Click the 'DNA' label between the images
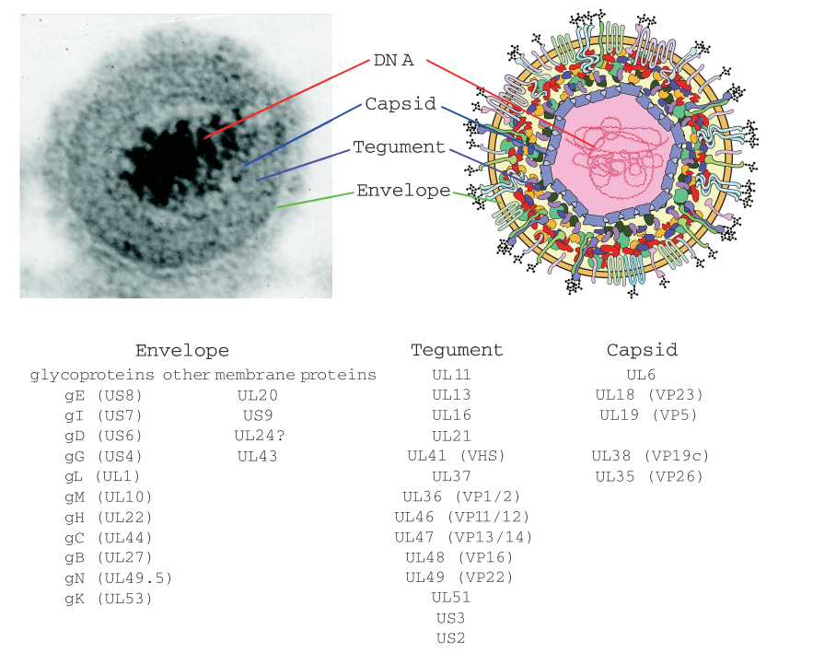(x=393, y=61)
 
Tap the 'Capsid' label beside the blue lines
(x=401, y=104)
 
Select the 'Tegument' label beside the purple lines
(x=399, y=147)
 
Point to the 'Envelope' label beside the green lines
(x=403, y=191)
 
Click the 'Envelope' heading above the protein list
(x=181, y=351)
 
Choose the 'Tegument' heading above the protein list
(x=457, y=350)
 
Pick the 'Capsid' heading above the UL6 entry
(x=642, y=350)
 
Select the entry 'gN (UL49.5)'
(x=119, y=577)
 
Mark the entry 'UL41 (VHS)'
(x=457, y=456)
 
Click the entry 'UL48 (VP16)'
(x=459, y=557)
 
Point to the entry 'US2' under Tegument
(x=452, y=637)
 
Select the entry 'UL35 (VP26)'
(x=649, y=476)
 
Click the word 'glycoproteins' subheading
(x=93, y=375)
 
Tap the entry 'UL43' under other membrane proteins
(x=257, y=456)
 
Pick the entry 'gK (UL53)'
(x=109, y=598)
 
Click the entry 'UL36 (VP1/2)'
(x=459, y=496)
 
